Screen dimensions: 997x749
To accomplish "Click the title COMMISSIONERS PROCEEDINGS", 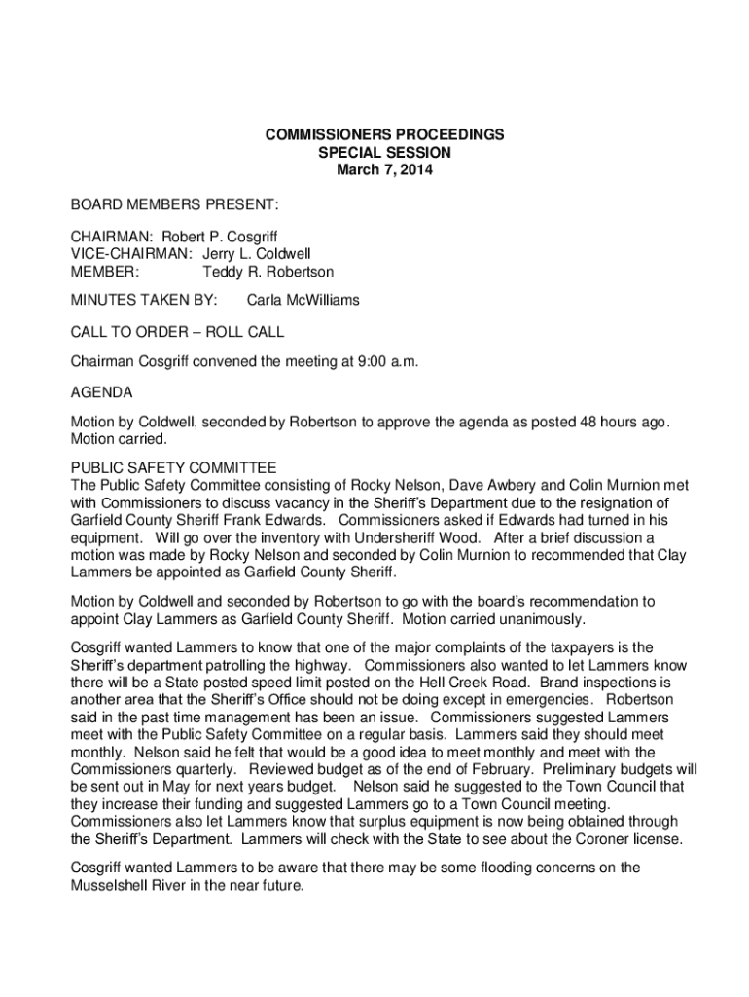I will click(384, 135).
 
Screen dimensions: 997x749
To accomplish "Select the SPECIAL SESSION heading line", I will click(384, 153).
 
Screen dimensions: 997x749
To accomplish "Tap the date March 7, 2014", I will click(384, 170).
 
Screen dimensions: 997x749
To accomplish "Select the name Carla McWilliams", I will click(303, 301).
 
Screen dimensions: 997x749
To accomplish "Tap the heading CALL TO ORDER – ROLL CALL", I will click(177, 332).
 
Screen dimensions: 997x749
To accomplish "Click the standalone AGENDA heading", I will click(102, 393).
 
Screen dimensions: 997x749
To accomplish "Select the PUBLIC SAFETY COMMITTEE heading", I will click(174, 467).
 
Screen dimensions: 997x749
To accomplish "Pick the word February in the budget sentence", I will click(486, 770).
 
